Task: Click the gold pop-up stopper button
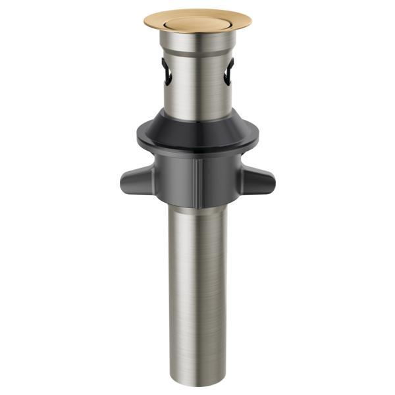(197, 23)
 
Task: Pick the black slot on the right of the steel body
(228, 71)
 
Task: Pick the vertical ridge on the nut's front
(197, 174)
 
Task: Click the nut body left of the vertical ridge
(174, 174)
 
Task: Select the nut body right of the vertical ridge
(221, 174)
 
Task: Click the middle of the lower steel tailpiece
(197, 290)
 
